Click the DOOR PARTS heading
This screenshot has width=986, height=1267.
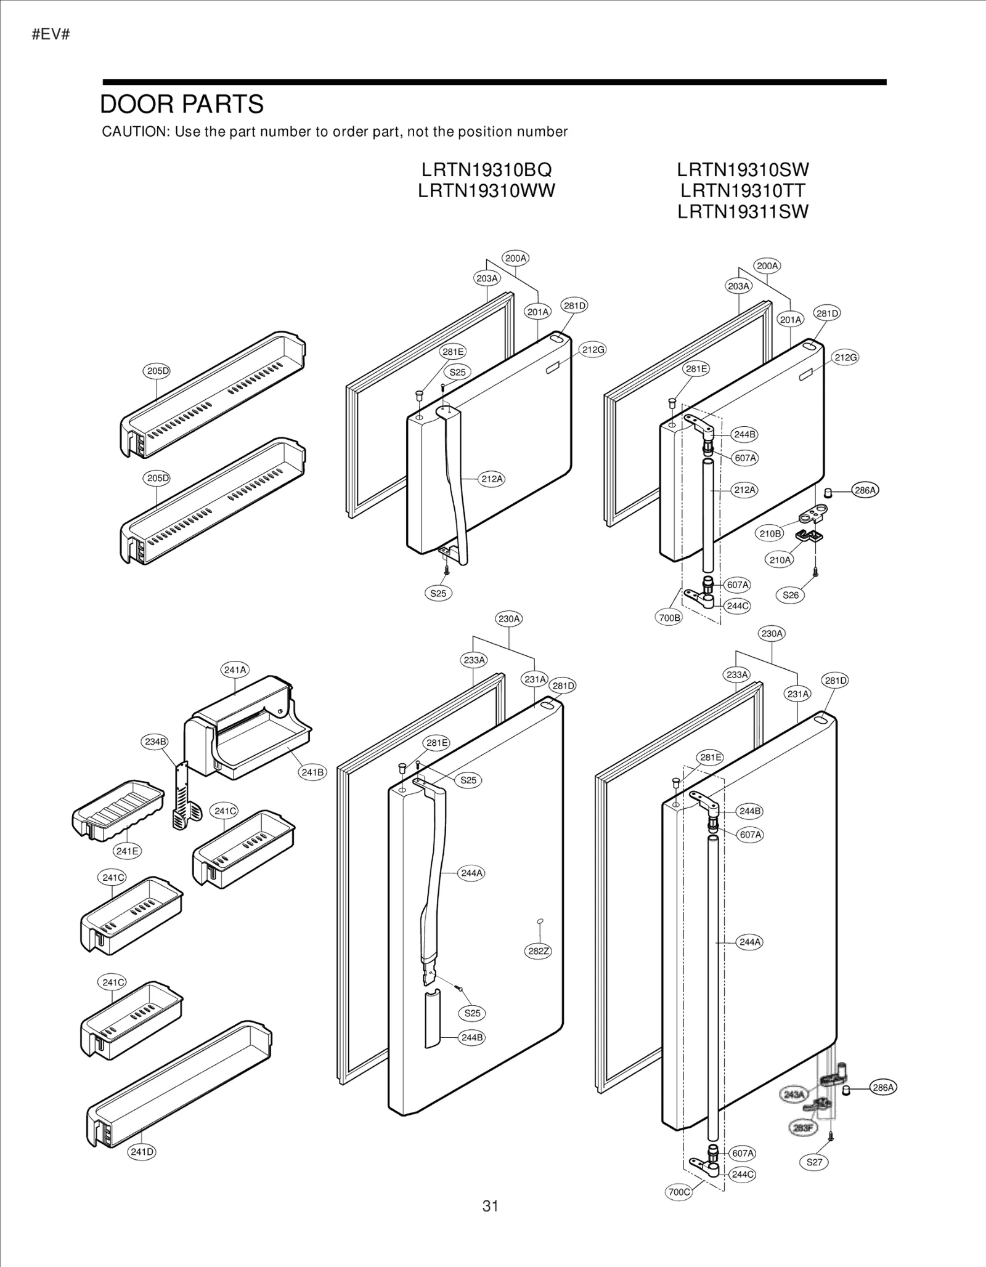click(182, 104)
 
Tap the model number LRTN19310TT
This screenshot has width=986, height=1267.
click(743, 191)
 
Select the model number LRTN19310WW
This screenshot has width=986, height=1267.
click(486, 191)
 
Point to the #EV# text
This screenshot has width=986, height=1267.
click(51, 34)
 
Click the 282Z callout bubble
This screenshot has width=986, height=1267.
click(538, 951)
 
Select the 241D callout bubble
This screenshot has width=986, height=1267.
click(142, 1152)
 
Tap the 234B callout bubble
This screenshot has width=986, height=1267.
click(155, 742)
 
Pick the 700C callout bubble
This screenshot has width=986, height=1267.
click(679, 1192)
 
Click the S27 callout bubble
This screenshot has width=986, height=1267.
click(814, 1162)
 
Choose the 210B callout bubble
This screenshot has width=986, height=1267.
click(770, 533)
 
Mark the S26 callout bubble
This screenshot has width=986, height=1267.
click(790, 595)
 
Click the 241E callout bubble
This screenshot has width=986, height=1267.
click(127, 851)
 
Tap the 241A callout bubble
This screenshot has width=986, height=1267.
click(235, 670)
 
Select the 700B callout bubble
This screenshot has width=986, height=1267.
click(669, 617)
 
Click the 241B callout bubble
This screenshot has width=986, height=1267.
click(312, 772)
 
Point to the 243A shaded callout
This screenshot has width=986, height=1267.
click(794, 1095)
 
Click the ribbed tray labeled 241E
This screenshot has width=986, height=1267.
click(117, 808)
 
